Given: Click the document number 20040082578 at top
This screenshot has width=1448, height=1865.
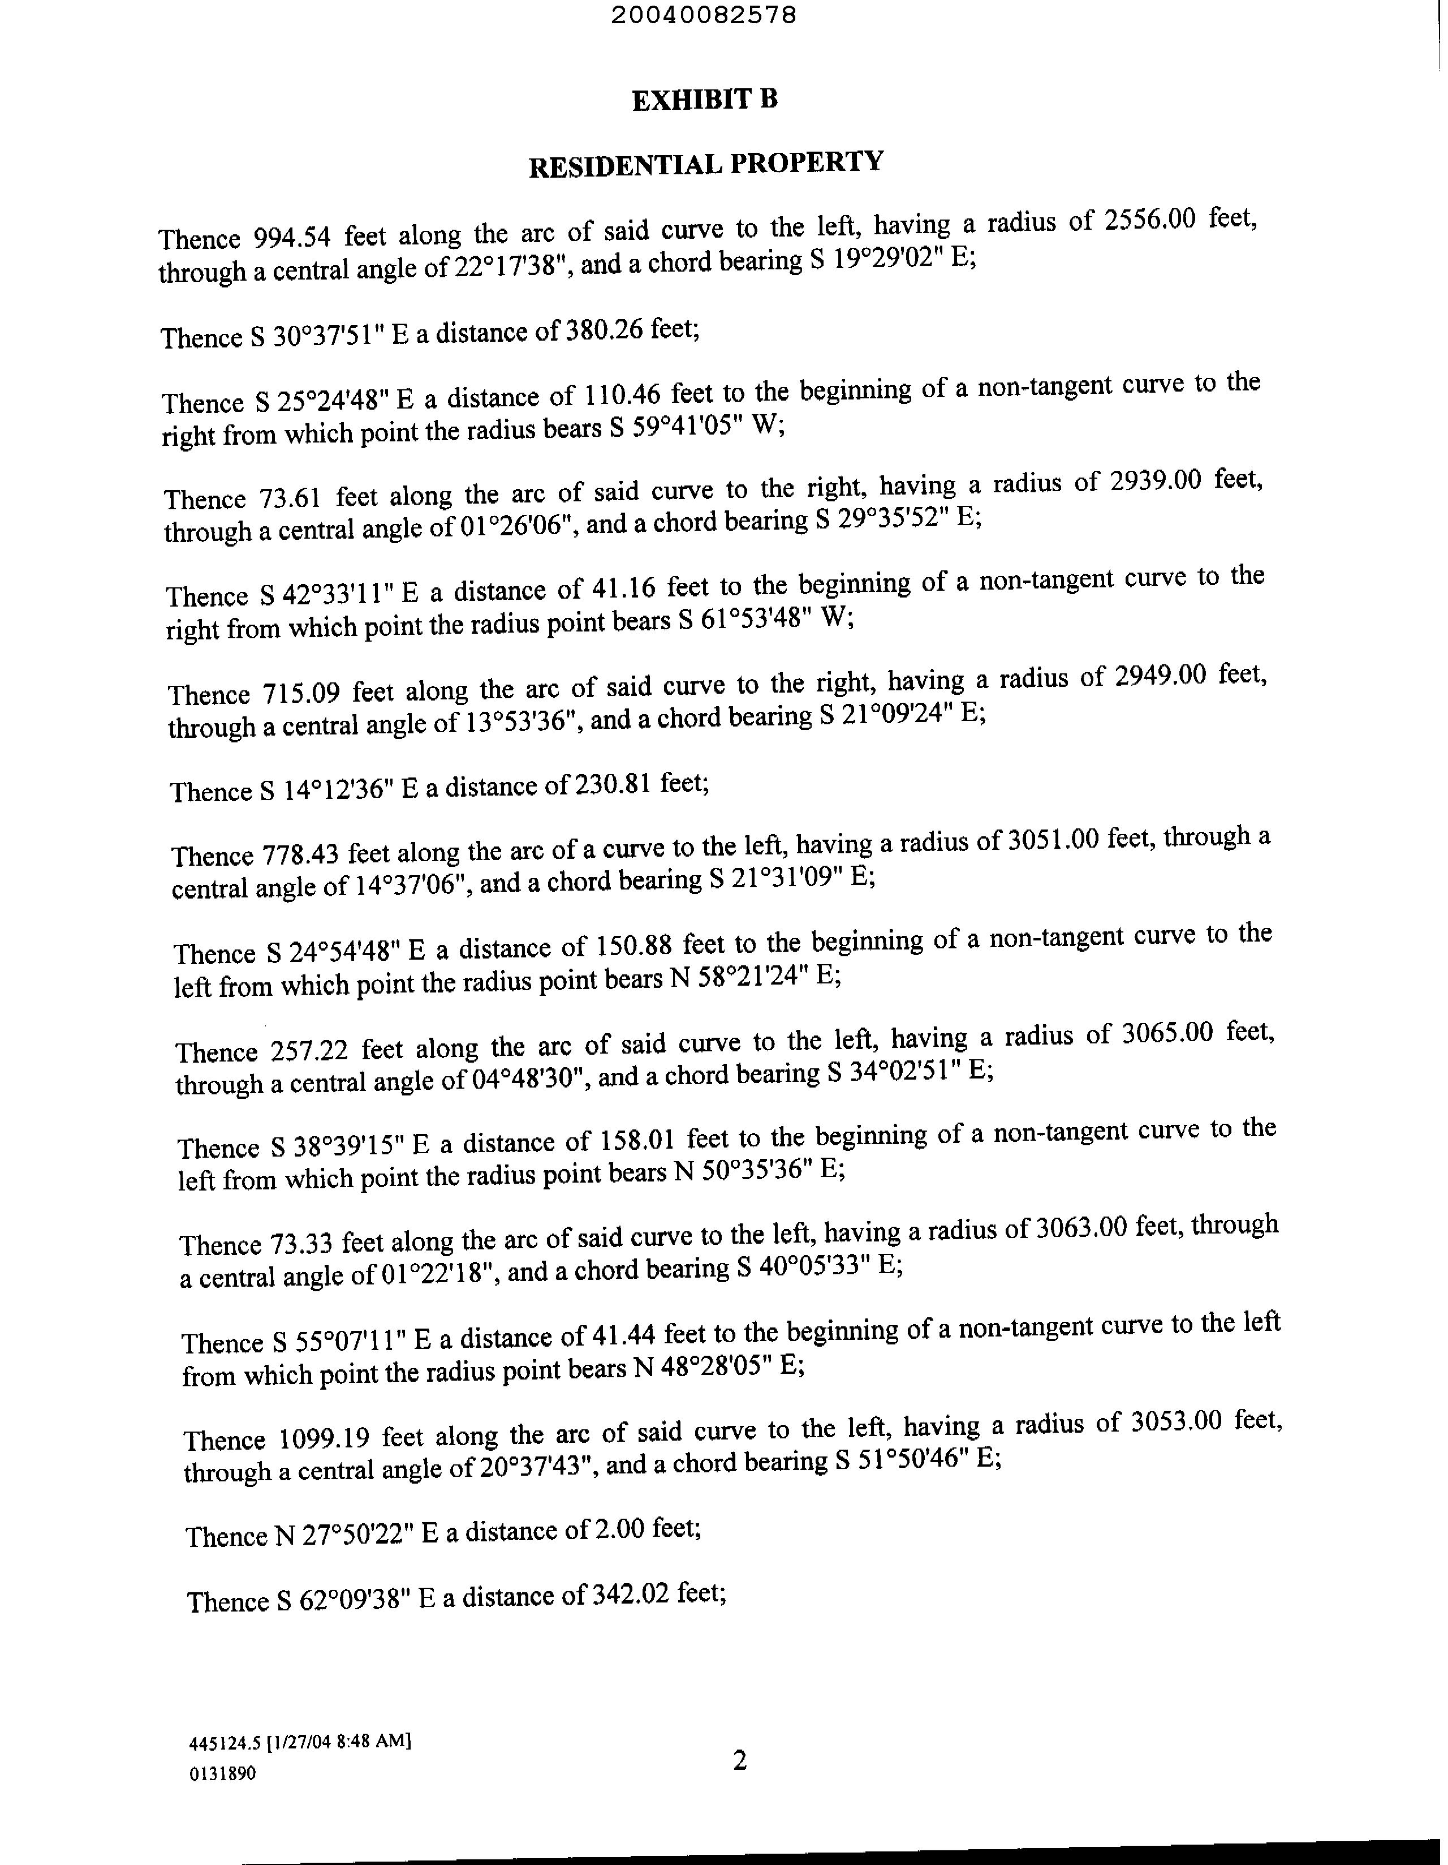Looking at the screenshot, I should click(x=704, y=15).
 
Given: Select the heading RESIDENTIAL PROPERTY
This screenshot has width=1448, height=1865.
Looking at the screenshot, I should click(x=705, y=163).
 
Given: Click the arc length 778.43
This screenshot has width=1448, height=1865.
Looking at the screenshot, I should click(x=299, y=854).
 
